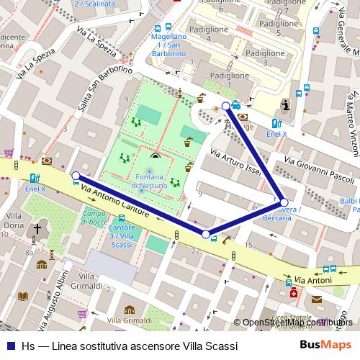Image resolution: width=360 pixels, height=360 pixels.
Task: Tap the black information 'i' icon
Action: [x=287, y=106]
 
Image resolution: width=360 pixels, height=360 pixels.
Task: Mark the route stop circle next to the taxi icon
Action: [x=226, y=107]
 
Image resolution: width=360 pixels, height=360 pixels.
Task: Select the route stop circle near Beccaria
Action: [x=284, y=202]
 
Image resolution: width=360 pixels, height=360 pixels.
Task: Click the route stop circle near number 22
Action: [x=206, y=235]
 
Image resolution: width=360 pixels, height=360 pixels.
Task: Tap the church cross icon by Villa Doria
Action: [x=37, y=230]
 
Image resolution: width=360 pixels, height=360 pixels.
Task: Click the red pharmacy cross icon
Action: [x=292, y=294]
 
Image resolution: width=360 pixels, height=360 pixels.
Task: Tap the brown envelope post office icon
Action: [x=318, y=299]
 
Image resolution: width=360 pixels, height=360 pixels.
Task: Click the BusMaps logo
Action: [x=325, y=346]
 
